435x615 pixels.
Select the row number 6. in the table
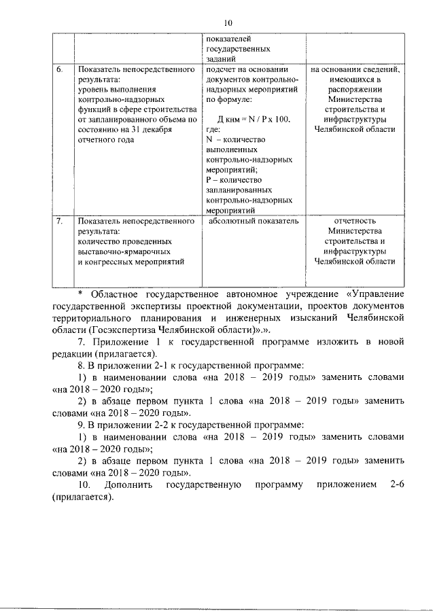[x=60, y=69]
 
